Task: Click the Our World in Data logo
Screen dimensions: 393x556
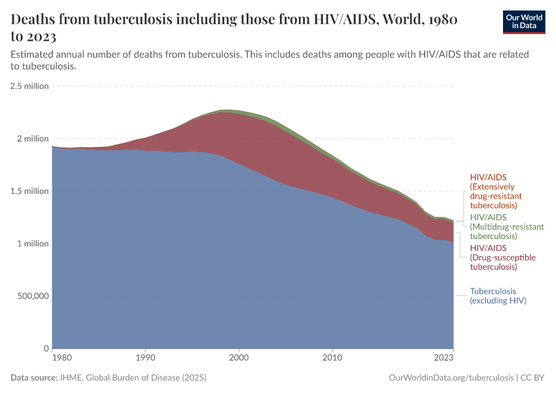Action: pos(523,22)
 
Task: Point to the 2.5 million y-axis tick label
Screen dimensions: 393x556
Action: pos(29,86)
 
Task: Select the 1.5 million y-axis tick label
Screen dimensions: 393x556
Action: pos(29,191)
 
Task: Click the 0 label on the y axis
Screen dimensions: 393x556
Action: pos(46,348)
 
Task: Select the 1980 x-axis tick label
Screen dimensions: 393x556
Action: pos(61,358)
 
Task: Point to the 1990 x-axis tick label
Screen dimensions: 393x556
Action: pos(145,358)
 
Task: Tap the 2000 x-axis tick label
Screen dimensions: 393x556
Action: pos(239,358)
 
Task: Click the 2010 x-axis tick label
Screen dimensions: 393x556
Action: pos(332,358)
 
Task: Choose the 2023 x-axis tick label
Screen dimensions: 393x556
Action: pos(444,358)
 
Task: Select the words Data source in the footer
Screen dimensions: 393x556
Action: pos(34,378)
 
